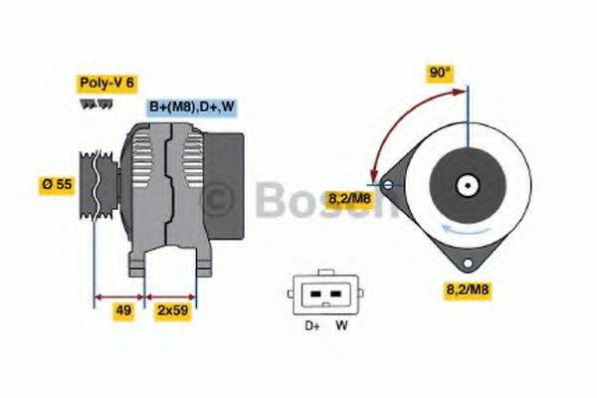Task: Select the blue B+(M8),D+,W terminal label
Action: [191, 106]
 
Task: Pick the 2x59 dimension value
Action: [171, 310]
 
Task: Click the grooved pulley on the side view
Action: [100, 185]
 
